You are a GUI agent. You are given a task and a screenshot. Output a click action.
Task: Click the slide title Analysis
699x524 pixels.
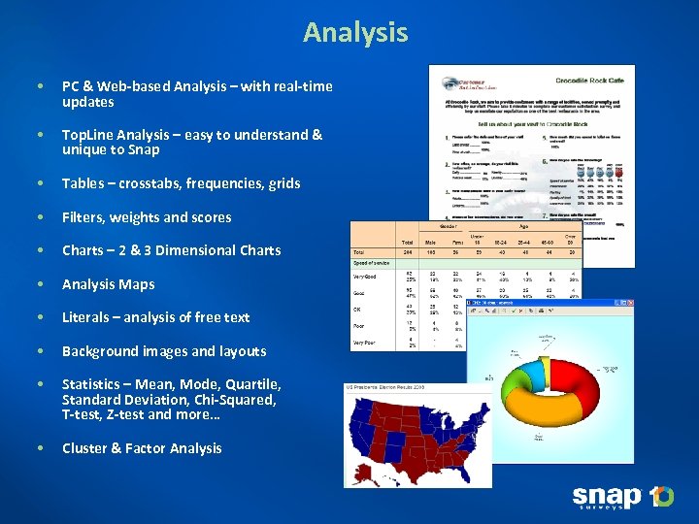[355, 32]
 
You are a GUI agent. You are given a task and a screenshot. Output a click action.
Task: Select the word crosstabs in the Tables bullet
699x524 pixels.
[147, 183]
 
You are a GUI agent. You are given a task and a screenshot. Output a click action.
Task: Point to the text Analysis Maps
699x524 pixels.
[108, 284]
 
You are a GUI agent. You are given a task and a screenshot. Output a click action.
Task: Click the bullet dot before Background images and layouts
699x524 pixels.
[38, 351]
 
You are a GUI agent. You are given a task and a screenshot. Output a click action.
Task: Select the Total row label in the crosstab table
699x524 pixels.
[358, 251]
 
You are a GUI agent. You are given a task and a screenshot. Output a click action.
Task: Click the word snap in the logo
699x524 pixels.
[607, 497]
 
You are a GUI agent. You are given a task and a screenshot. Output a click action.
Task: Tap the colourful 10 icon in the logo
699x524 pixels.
[661, 497]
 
